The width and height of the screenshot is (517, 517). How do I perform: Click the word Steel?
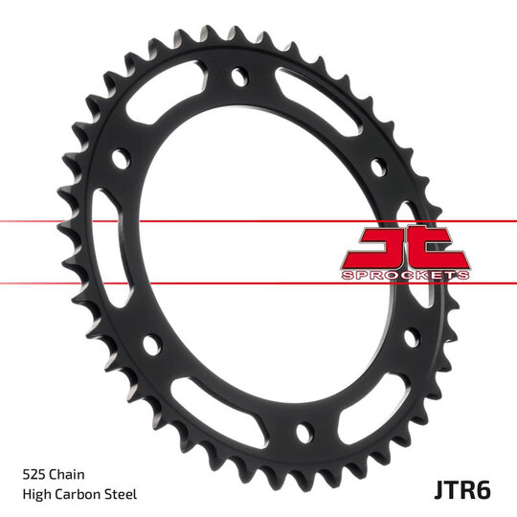click(122, 494)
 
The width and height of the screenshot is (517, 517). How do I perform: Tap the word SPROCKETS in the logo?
click(406, 275)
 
